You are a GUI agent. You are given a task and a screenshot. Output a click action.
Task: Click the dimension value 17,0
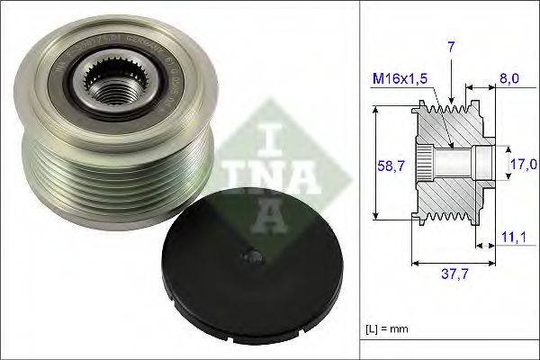coord(524,164)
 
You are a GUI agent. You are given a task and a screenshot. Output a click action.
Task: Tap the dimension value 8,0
coord(509,78)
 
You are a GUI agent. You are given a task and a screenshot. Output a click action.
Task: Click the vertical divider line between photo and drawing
coord(359,180)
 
